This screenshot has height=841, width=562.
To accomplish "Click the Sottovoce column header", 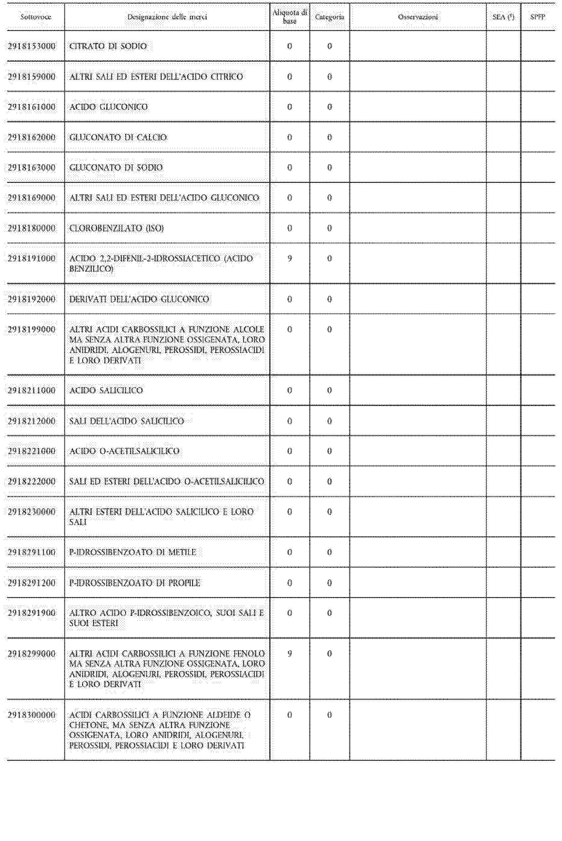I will pyautogui.click(x=35, y=17).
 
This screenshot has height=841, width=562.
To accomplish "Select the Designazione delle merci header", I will pyautogui.click(x=167, y=17).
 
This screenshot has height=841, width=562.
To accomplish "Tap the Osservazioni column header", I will pyautogui.click(x=418, y=17).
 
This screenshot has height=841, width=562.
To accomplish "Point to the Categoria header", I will pyautogui.click(x=330, y=17).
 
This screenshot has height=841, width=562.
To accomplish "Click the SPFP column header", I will pyautogui.click(x=538, y=17).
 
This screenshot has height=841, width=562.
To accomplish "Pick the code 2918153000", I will pyautogui.click(x=32, y=46).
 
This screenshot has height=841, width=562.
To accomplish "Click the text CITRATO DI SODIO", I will pyautogui.click(x=108, y=46).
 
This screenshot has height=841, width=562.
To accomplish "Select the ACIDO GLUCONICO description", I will pyautogui.click(x=108, y=107).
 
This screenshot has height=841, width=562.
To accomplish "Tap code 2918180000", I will pyautogui.click(x=32, y=228).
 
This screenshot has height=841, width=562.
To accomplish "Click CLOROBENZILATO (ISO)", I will pyautogui.click(x=116, y=228).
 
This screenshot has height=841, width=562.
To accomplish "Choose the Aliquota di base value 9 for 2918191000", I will pyautogui.click(x=290, y=258).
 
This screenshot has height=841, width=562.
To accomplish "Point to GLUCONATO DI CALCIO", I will pyautogui.click(x=118, y=137).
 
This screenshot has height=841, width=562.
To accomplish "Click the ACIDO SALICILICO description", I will pyautogui.click(x=106, y=390).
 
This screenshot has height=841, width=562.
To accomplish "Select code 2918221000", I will pyautogui.click(x=32, y=451).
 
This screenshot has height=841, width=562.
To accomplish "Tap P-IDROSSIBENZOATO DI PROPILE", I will pyautogui.click(x=135, y=583).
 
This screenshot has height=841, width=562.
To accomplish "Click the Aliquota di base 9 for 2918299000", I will pyautogui.click(x=290, y=654).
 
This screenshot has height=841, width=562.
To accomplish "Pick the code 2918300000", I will pyautogui.click(x=32, y=715).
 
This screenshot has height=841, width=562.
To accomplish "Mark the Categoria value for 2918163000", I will pyautogui.click(x=330, y=168).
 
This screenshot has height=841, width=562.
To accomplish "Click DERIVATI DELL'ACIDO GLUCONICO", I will pyautogui.click(x=139, y=299).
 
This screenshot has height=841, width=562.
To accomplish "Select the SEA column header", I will pyautogui.click(x=503, y=17).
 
